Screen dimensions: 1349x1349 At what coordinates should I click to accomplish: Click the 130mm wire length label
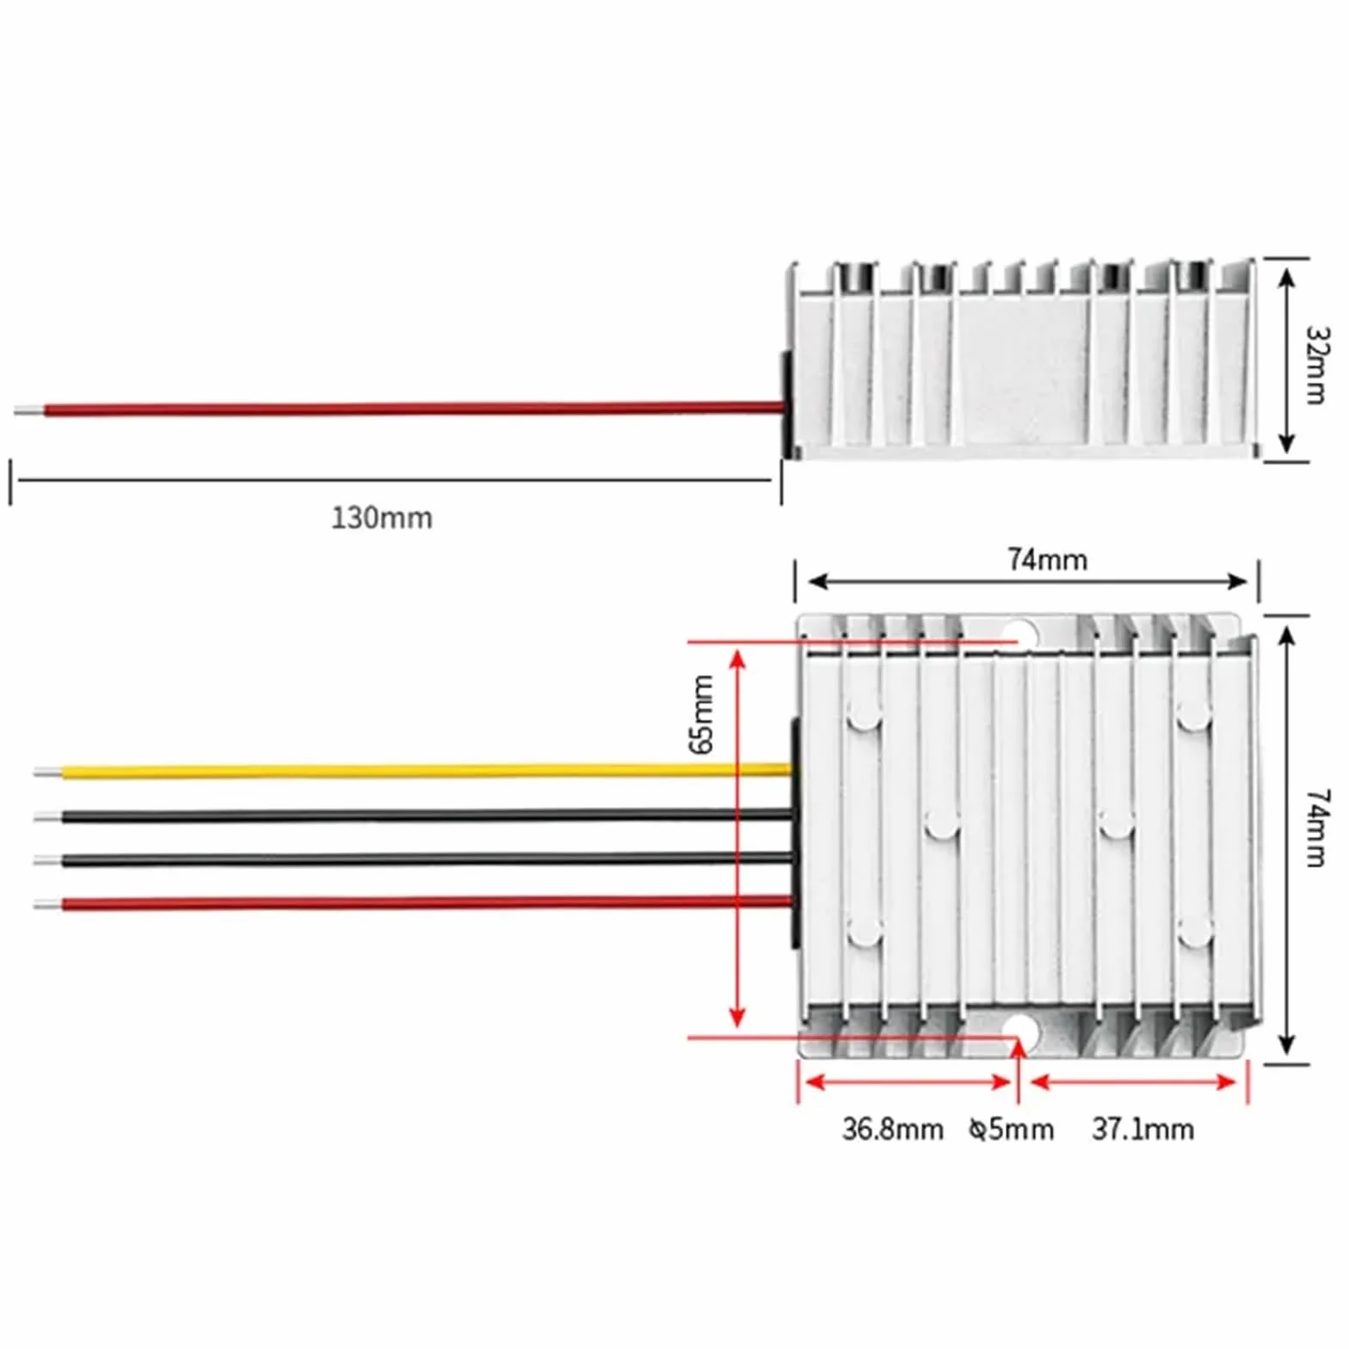382,518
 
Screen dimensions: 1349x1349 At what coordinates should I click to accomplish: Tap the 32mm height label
1317,365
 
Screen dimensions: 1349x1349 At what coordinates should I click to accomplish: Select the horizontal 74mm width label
1047,559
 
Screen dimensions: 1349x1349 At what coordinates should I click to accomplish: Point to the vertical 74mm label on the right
1317,828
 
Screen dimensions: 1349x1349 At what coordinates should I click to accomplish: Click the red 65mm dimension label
702,714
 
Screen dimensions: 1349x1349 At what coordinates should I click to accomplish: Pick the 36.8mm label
892,1129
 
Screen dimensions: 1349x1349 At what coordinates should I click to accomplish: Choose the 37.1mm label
1143,1129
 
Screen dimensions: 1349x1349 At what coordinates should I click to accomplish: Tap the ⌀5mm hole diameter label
1011,1129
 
